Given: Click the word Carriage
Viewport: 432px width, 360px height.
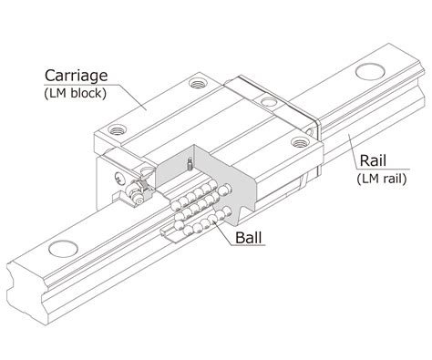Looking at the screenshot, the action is click(x=77, y=76).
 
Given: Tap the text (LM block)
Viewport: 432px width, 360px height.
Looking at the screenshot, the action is click(x=76, y=93).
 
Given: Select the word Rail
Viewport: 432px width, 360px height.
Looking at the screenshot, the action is click(x=373, y=160).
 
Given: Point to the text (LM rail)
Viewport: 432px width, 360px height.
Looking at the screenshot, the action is click(x=382, y=179).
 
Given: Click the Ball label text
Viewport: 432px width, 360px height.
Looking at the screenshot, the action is click(x=249, y=238).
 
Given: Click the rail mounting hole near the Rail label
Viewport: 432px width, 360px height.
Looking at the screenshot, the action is click(x=370, y=72).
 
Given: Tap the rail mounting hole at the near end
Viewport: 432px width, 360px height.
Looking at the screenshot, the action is click(x=63, y=249).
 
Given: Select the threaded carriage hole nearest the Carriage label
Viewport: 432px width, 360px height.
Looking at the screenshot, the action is click(x=198, y=83).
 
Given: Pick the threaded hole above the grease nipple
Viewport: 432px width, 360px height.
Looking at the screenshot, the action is click(x=117, y=129).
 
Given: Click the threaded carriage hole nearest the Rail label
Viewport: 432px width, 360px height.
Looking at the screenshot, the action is click(x=300, y=142).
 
